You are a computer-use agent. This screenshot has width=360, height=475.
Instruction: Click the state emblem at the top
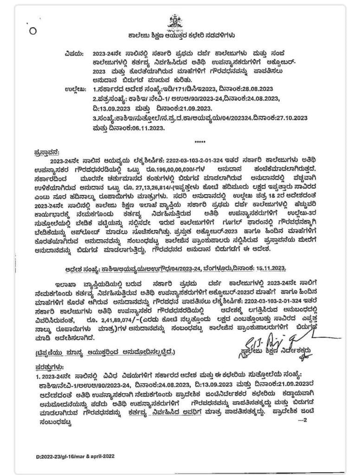[175, 20]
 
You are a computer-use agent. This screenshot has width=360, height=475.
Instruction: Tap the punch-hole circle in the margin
[32, 31]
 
